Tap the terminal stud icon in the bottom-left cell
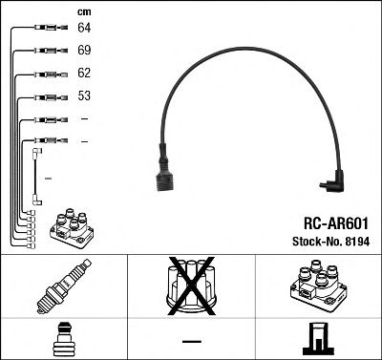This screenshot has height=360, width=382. point(64,339)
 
